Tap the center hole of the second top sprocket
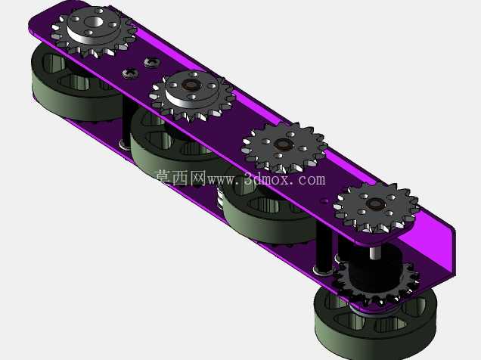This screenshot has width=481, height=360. point(191,85)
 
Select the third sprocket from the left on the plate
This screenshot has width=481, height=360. point(284,147)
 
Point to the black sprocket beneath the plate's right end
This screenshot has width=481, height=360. point(377,284)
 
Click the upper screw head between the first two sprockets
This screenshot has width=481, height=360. point(152,62)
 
